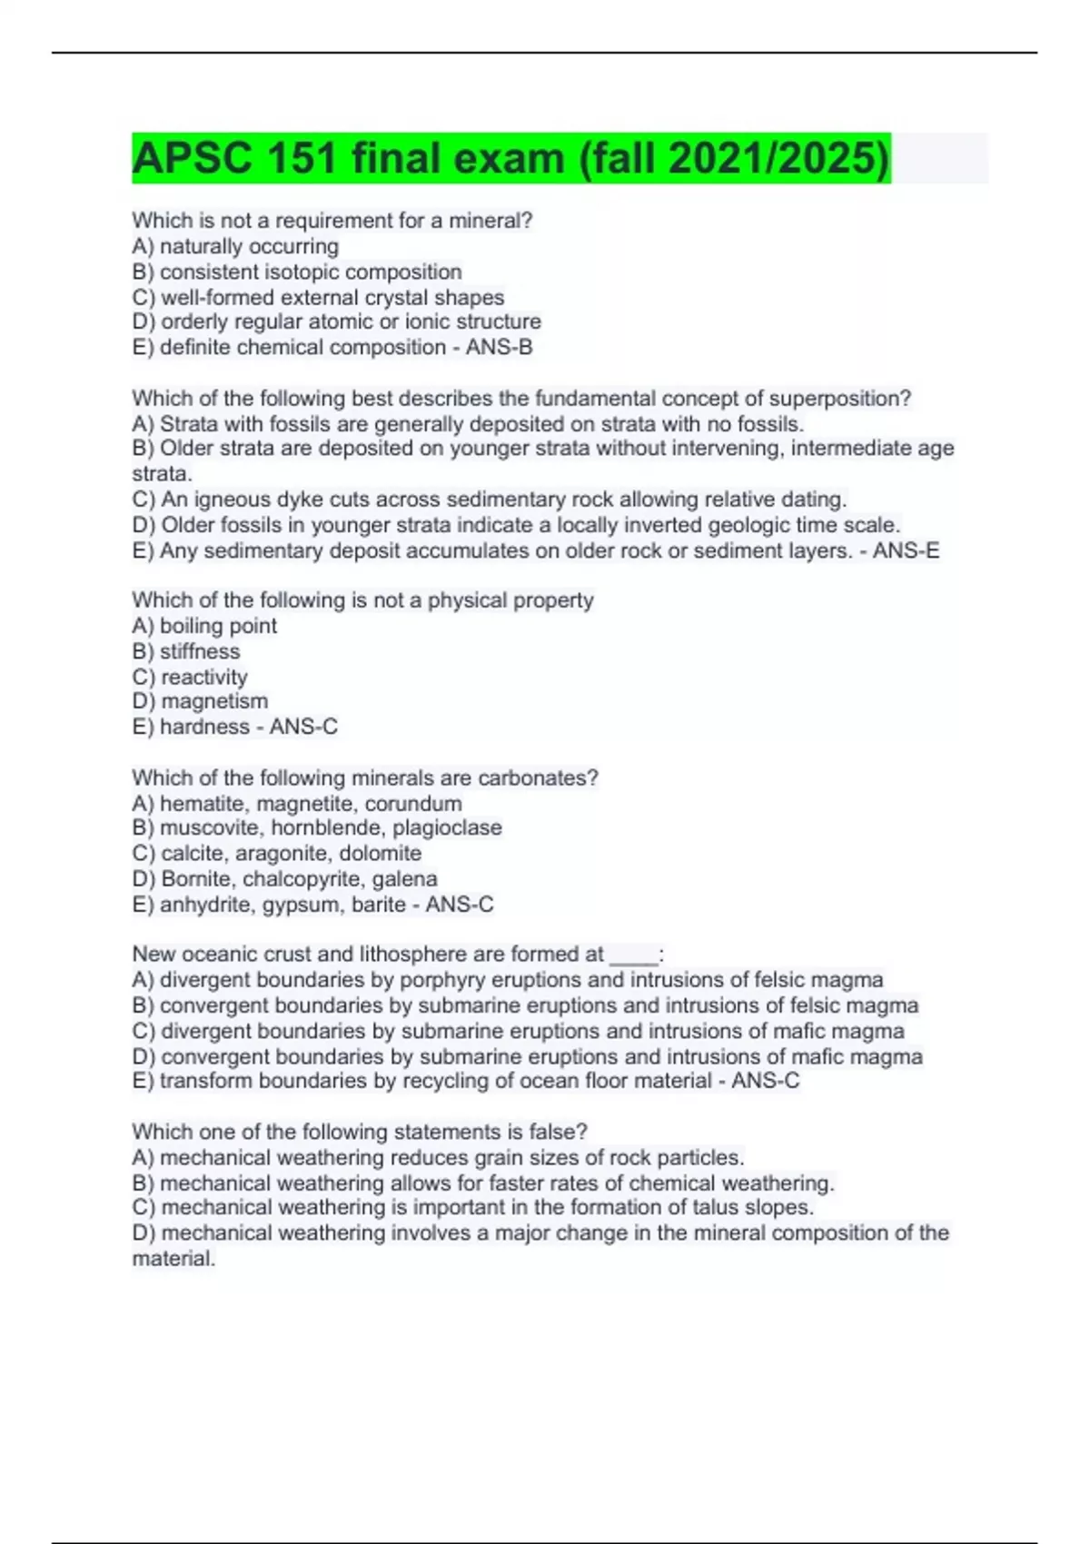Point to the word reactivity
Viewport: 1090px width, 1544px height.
point(204,677)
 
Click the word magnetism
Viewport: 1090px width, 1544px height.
point(214,701)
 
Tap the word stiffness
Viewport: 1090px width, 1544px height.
point(200,651)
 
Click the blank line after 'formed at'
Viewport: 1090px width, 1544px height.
point(633,955)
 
